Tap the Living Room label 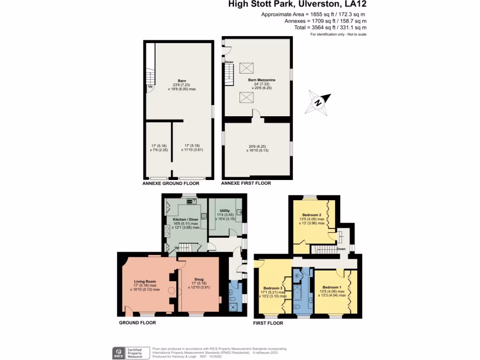(x=145, y=281)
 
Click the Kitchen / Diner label (x=186, y=219)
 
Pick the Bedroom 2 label (x=312, y=215)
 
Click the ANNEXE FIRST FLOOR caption (x=246, y=183)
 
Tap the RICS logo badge (x=118, y=352)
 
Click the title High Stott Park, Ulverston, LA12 (x=298, y=5)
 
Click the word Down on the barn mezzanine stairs (x=229, y=62)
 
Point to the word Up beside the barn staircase (x=150, y=87)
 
